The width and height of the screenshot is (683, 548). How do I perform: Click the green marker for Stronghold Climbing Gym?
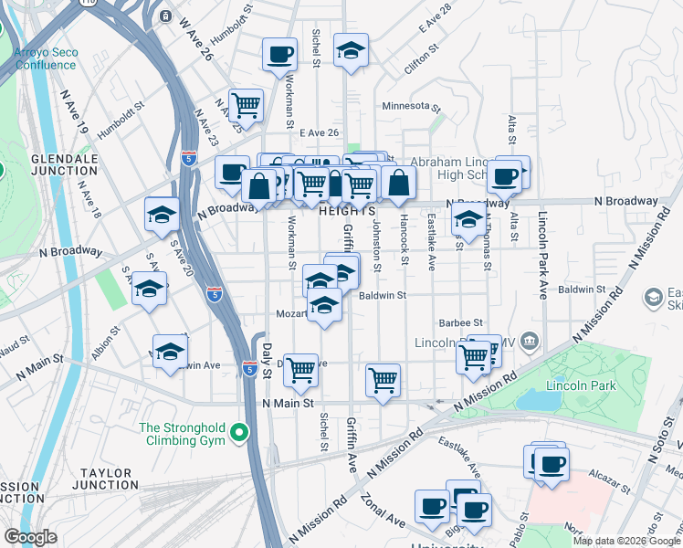[239, 433]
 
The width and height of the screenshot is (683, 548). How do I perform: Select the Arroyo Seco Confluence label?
[44, 58]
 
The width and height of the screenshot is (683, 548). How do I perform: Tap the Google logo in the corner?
[30, 537]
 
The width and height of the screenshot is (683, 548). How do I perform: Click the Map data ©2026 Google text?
[626, 541]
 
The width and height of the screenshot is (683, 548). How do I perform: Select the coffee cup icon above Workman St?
[279, 54]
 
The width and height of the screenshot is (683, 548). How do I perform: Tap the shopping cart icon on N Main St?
[384, 379]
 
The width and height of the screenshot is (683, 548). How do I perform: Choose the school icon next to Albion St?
[170, 351]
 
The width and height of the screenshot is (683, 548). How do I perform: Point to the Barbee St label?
[460, 322]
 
